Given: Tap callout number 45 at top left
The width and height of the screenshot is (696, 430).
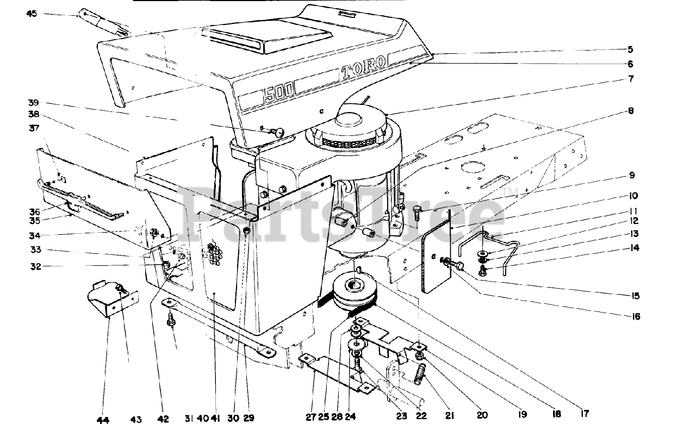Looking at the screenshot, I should pyautogui.click(x=32, y=13).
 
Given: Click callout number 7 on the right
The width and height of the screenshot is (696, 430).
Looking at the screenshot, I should pyautogui.click(x=630, y=79).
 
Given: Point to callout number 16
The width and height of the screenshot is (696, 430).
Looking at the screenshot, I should pyautogui.click(x=636, y=316).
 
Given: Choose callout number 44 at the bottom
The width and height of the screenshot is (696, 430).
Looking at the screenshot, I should pyautogui.click(x=103, y=419).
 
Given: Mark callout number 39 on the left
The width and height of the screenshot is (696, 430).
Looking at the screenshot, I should pyautogui.click(x=34, y=103).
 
